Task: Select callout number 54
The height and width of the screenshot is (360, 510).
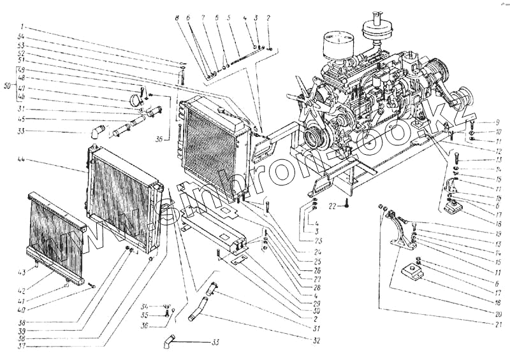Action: coord(21,38)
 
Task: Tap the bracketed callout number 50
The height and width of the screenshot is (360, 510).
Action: coord(6,85)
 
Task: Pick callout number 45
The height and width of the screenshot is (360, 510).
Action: coord(21,119)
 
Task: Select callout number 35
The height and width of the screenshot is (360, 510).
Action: coord(145,315)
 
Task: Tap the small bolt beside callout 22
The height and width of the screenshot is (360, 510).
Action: coord(346,205)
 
